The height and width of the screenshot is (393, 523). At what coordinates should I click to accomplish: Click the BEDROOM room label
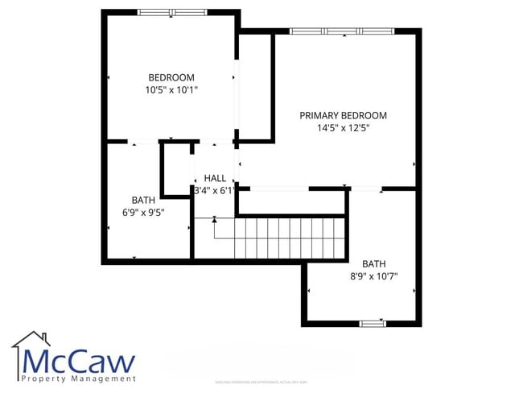click(x=171, y=77)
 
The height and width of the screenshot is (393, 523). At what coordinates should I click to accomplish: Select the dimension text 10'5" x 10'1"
click(x=171, y=90)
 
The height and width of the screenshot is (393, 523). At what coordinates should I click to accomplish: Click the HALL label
click(x=215, y=178)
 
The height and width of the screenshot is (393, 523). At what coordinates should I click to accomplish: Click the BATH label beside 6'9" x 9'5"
click(x=143, y=200)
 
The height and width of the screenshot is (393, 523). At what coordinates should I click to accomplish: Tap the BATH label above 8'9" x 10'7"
click(x=373, y=263)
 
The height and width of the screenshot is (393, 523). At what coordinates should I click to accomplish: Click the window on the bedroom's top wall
click(x=171, y=12)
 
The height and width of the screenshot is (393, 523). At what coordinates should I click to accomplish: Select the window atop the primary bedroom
click(x=342, y=31)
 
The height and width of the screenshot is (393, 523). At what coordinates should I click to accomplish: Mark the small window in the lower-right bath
click(x=372, y=323)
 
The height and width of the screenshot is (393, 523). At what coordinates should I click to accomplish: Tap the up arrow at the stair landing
click(x=214, y=219)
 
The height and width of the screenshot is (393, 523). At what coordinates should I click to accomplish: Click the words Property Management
click(x=79, y=379)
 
